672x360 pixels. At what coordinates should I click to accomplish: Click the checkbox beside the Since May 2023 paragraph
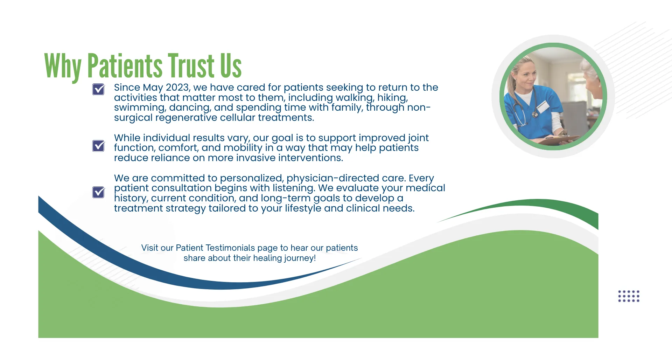[x=98, y=89]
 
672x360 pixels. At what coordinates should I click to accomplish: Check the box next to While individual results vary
[x=98, y=146]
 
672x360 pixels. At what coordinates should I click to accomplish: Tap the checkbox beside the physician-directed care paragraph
[x=98, y=192]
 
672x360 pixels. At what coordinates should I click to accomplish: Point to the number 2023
[x=177, y=88]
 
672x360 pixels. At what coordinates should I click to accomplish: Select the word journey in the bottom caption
[x=299, y=258]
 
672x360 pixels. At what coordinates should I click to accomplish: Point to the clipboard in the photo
[x=556, y=140]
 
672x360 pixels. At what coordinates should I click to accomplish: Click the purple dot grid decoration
[x=629, y=296]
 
